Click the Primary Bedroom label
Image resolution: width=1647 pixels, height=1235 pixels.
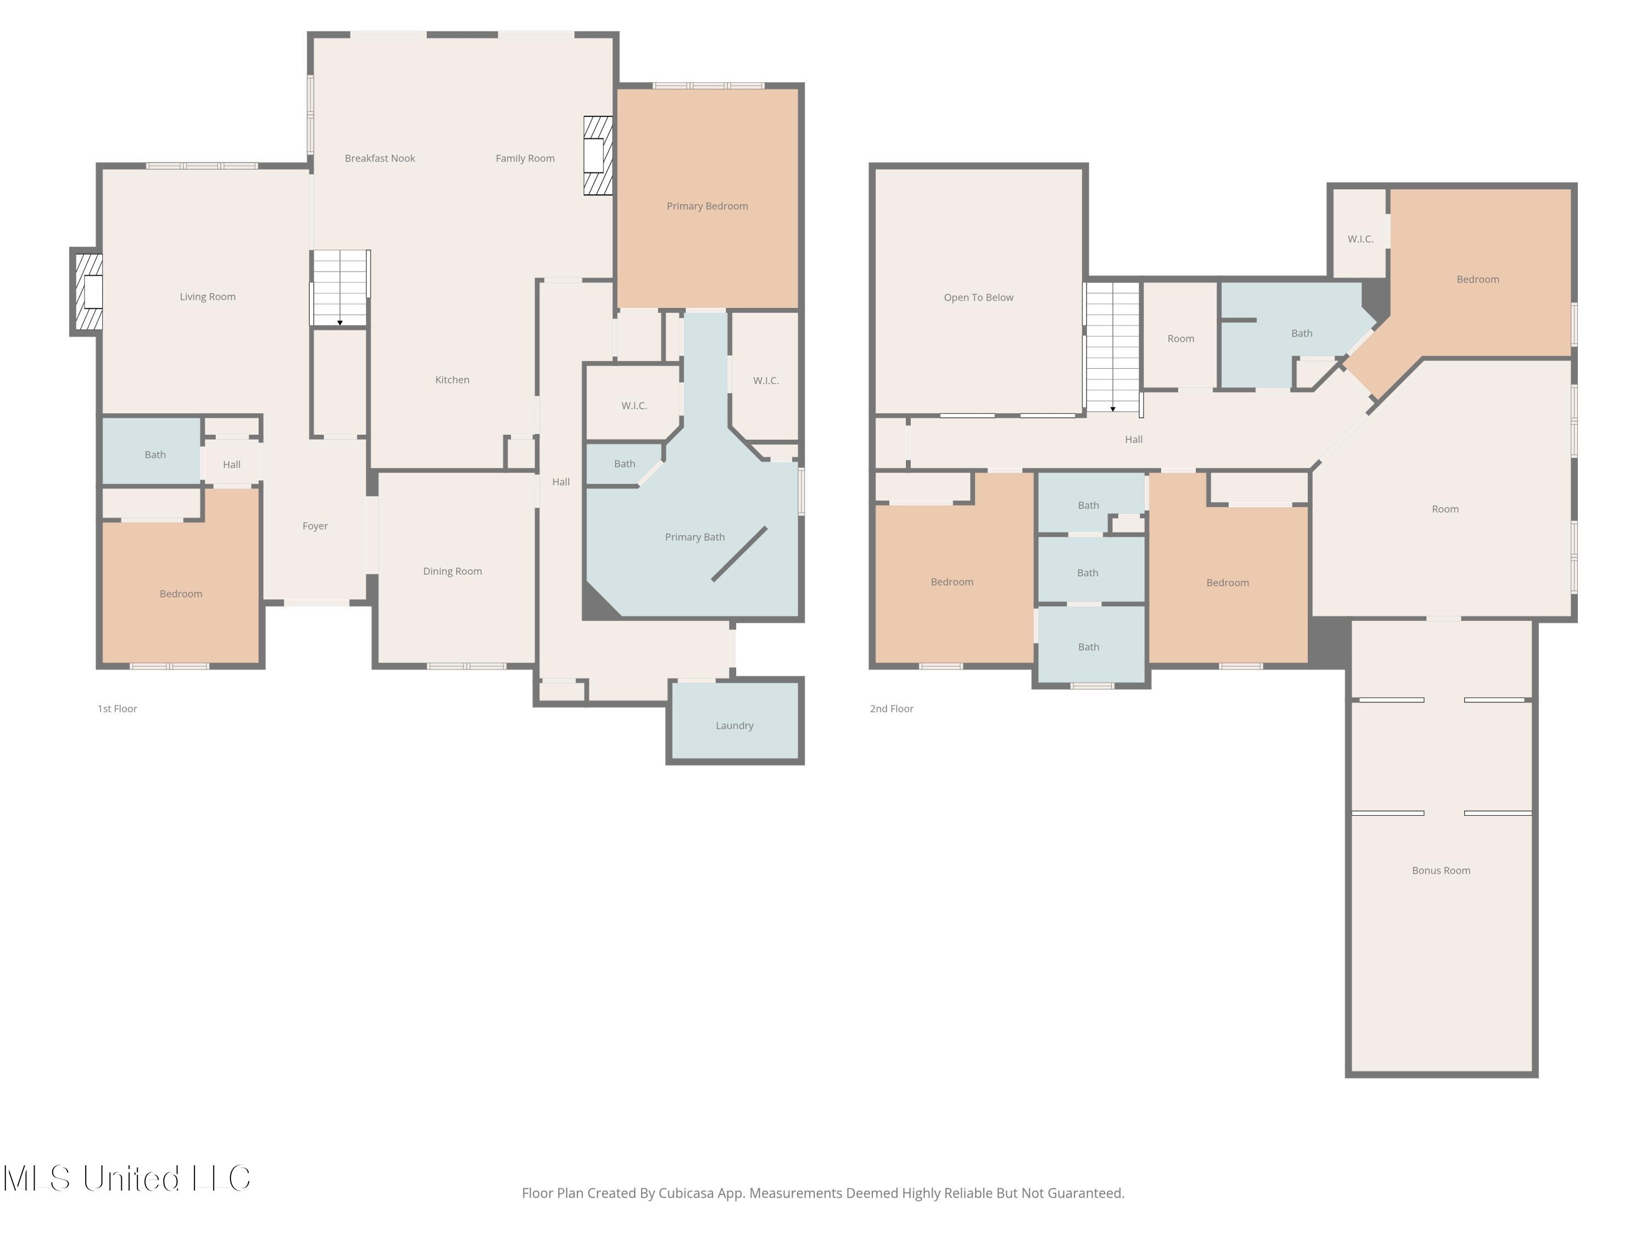[x=707, y=206]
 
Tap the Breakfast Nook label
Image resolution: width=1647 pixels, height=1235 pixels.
[x=380, y=159]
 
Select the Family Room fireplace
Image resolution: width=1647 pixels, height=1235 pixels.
[x=597, y=155]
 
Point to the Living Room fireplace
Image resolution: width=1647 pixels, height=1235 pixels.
[x=88, y=292]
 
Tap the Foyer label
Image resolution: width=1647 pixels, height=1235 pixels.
[x=315, y=526]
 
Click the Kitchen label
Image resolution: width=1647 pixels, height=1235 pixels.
[x=452, y=380]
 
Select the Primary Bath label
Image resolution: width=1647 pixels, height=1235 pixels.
[x=694, y=537]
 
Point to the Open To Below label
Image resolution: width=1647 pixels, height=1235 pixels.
[x=978, y=297]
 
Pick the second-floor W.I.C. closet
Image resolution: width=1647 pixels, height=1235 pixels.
[x=1359, y=233]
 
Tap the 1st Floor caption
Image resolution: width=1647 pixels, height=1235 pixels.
[x=117, y=709]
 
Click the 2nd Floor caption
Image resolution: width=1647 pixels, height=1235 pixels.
[x=891, y=709]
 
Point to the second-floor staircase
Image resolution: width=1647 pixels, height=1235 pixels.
[x=1112, y=347]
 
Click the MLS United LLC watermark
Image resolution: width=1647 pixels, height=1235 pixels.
[x=127, y=1178]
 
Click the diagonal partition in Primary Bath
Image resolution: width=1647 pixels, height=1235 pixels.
[x=740, y=554]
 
